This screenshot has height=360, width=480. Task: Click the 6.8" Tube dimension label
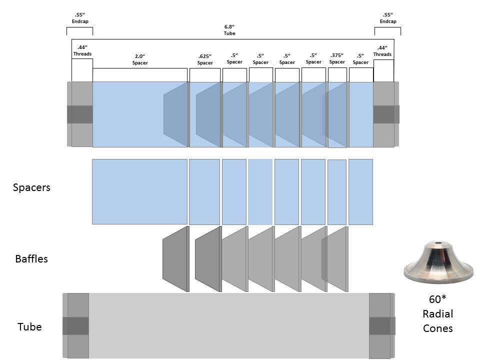tap(229, 30)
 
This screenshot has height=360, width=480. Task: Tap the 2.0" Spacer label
tap(140, 59)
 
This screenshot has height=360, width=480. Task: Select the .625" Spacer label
tap(205, 59)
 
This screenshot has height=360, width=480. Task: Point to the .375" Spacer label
tap(337, 58)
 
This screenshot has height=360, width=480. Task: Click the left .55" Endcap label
tap(80, 18)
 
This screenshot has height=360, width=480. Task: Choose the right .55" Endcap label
tap(388, 18)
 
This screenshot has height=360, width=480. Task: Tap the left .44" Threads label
tap(82, 50)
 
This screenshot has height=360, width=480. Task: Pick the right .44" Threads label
tap(382, 51)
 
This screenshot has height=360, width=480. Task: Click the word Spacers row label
tap(31, 187)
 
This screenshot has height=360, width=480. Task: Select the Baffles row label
tap(31, 258)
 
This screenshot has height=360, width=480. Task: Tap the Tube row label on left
tap(29, 326)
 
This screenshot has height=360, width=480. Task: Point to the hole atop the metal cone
tap(438, 243)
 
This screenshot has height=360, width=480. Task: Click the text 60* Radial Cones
tap(438, 313)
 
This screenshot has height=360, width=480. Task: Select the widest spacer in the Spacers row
tap(139, 191)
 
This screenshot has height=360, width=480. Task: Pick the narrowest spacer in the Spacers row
tap(337, 192)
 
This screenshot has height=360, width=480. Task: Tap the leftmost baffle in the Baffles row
tap(176, 259)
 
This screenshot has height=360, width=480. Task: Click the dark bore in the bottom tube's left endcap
tap(76, 326)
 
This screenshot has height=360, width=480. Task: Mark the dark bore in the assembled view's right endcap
tap(386, 114)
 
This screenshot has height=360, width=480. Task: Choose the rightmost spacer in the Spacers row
tap(360, 192)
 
